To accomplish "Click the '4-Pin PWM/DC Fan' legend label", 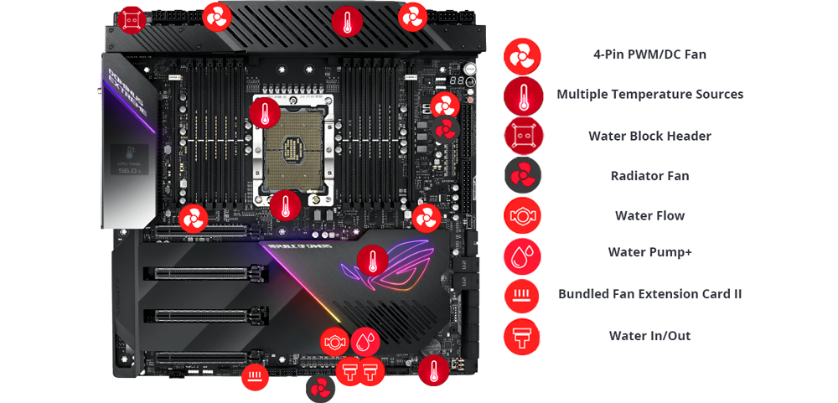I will [x=649, y=54].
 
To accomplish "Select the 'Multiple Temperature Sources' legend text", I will [x=649, y=95].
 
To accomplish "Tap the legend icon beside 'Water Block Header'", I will [x=523, y=136].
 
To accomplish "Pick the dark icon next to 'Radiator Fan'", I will [x=523, y=176].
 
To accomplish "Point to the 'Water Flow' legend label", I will [x=649, y=216].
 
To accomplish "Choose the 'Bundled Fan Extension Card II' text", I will [x=649, y=294].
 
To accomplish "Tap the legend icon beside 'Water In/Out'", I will [x=523, y=336].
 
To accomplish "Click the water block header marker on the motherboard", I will [x=132, y=20].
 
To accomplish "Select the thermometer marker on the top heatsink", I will [x=347, y=22].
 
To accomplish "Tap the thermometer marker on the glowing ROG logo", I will [x=372, y=261].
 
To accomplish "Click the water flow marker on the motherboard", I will [x=334, y=342].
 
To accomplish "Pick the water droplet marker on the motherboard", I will [x=365, y=341].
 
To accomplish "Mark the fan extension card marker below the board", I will [x=256, y=376].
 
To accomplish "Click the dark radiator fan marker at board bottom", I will [x=320, y=389].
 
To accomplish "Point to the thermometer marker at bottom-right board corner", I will [x=433, y=370].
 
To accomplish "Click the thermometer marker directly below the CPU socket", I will [x=285, y=205].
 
